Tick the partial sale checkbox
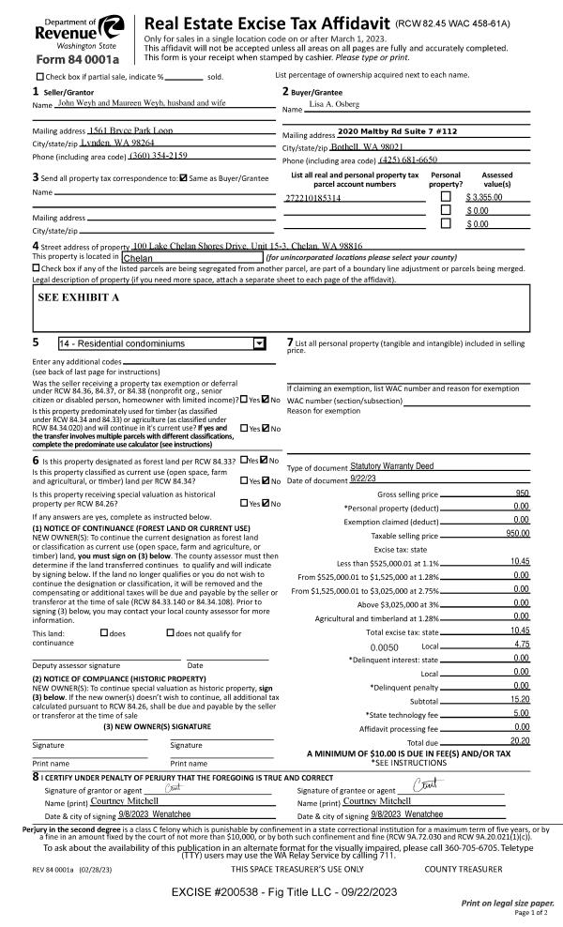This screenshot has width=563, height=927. click(38, 77)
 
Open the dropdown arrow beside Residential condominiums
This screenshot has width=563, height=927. click(259, 343)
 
